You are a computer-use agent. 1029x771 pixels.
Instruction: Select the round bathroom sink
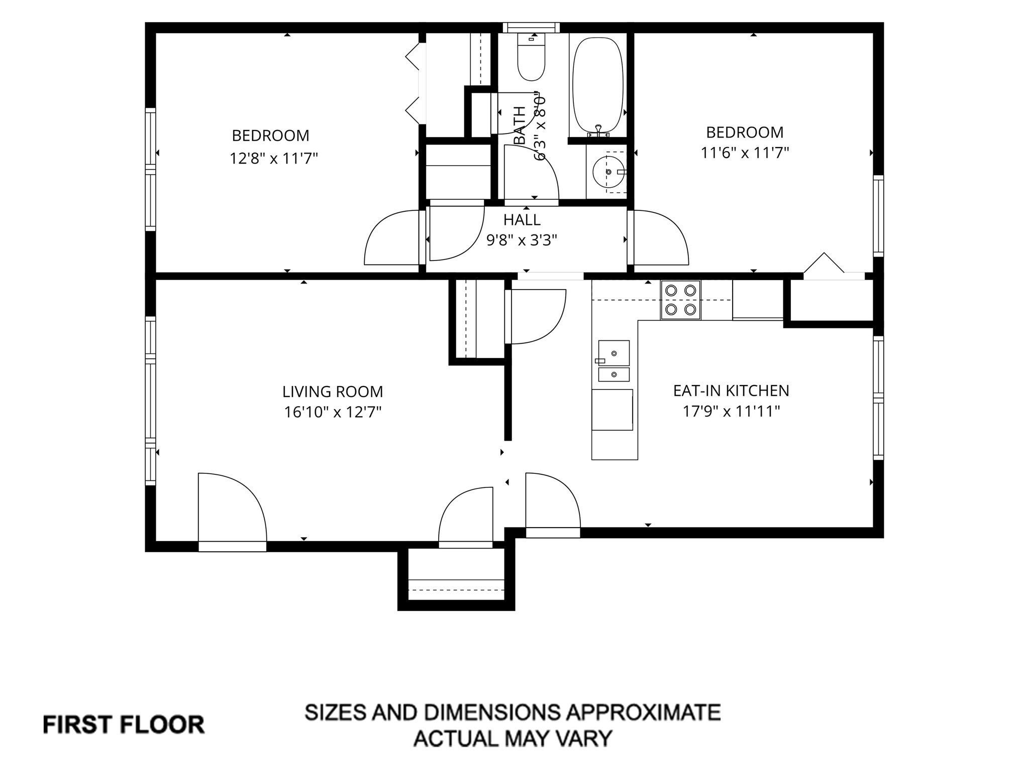pos(608,172)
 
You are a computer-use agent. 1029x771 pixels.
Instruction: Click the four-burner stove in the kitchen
pos(680,300)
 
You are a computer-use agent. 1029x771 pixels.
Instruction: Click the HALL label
pos(522,220)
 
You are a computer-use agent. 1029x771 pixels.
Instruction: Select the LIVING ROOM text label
pos(333,392)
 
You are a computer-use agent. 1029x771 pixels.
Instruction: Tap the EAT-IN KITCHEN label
pos(731,391)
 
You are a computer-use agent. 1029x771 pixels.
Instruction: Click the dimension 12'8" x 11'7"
pos(274,159)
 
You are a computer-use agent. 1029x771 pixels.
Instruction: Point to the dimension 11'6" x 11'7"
pos(745,152)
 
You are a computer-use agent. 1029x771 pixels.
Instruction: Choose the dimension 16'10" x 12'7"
pos(333,412)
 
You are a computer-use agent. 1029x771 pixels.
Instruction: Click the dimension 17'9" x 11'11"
pos(731,412)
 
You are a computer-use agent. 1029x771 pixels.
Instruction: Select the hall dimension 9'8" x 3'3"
pos(522,240)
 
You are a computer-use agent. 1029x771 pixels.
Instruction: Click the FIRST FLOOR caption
pos(124,725)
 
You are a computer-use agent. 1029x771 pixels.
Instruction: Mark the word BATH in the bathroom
pos(520,125)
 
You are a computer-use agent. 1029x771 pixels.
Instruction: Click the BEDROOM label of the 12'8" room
pos(270,136)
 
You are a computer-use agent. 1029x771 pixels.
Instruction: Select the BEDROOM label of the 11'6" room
pos(745,133)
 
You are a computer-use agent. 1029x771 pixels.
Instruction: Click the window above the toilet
pos(532,27)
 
